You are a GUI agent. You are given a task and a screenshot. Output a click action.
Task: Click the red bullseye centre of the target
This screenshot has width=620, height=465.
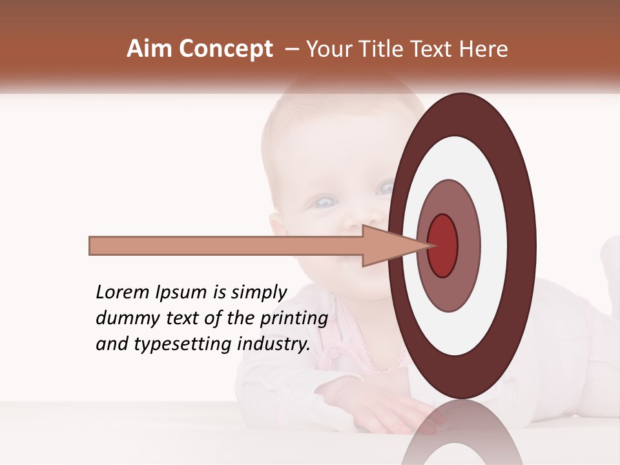point(442,245)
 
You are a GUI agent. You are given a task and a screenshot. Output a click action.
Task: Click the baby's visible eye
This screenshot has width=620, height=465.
point(323,202)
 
